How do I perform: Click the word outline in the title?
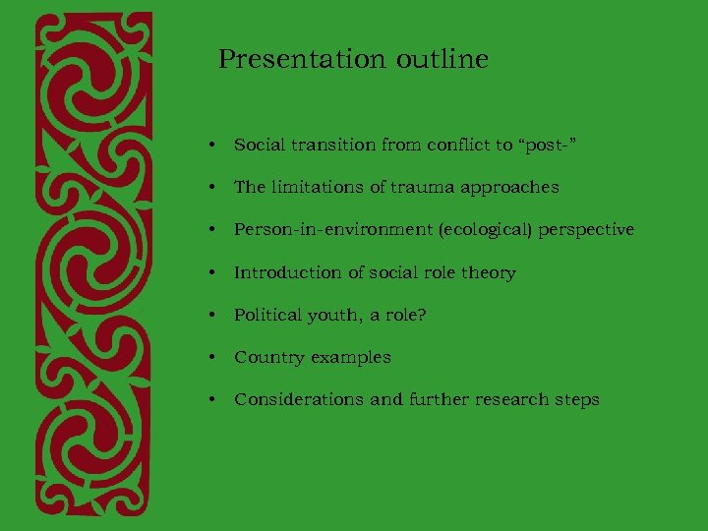pos(442,60)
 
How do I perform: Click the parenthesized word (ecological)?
pos(474,230)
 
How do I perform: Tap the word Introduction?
pos(279,272)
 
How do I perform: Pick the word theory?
pos(490,272)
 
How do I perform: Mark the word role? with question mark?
pos(407,315)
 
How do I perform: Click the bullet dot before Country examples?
pos(212,358)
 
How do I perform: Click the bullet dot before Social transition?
pos(212,146)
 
